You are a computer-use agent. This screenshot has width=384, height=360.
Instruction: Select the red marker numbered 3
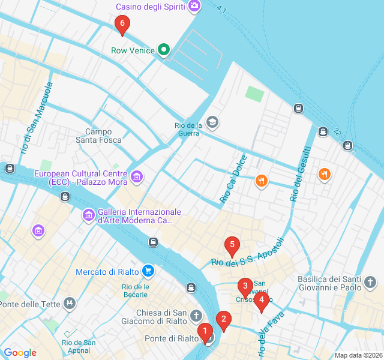[x=244, y=286]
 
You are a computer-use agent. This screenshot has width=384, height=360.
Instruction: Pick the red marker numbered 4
[x=261, y=302]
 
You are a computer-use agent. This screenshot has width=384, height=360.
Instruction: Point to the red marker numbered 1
[x=205, y=331]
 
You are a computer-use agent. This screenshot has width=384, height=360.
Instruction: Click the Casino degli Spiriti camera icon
[x=194, y=7]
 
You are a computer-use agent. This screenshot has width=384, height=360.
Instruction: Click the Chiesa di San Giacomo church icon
[x=196, y=316]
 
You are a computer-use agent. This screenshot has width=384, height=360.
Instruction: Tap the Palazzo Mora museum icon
[x=137, y=176]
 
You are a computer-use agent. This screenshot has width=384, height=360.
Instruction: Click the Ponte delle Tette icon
[x=70, y=304]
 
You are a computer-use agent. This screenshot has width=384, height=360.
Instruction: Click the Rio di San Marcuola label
[x=37, y=118]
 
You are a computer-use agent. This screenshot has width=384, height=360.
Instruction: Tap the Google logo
[x=20, y=353]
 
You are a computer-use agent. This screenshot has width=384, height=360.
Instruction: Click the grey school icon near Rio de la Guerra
[x=212, y=123]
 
